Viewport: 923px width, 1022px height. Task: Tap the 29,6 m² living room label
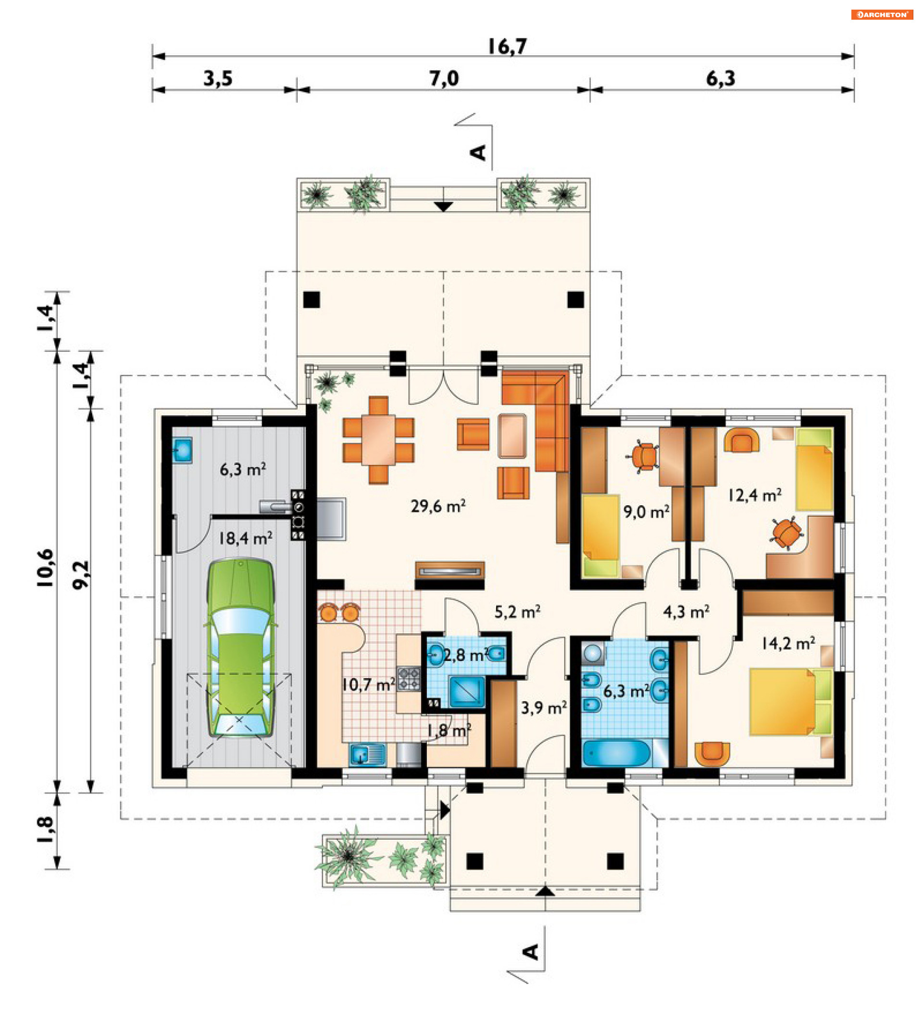click(438, 506)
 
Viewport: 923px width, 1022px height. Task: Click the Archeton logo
click(882, 15)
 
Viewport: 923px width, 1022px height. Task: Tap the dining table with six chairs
click(378, 439)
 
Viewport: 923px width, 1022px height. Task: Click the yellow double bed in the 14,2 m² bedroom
click(791, 702)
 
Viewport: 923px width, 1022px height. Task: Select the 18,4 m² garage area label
click(245, 538)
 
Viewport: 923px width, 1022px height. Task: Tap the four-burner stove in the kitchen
click(409, 679)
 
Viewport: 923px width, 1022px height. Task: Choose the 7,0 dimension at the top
click(444, 78)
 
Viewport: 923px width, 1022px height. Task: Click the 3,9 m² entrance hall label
click(543, 707)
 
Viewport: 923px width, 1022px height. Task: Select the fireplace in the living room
click(449, 571)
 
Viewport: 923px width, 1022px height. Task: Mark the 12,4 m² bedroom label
click(755, 495)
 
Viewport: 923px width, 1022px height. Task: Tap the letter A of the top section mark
click(478, 152)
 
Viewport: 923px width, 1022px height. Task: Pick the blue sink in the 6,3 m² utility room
click(182, 449)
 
